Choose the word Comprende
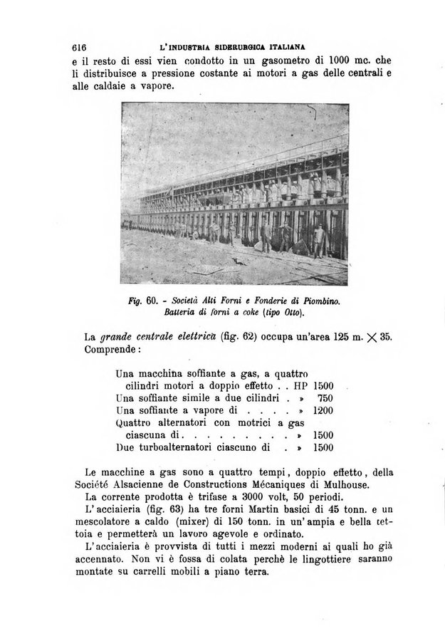click(112, 350)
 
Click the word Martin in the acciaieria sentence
click(258, 511)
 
